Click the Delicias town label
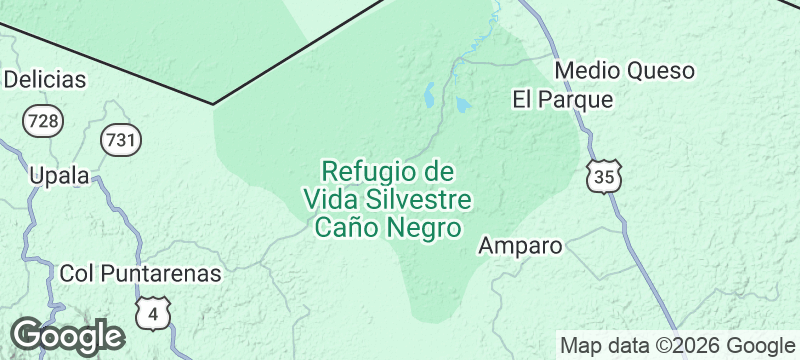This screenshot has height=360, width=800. pyautogui.click(x=45, y=80)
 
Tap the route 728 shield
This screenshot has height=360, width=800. pyautogui.click(x=43, y=121)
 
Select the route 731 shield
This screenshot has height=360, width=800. pyautogui.click(x=121, y=139)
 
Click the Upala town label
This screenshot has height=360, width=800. pyautogui.click(x=59, y=176)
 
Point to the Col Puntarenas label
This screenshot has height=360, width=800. pyautogui.click(x=140, y=272)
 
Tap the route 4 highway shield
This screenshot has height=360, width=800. pyautogui.click(x=153, y=313)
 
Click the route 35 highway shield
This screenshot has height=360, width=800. pyautogui.click(x=604, y=177)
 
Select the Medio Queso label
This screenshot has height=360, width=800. pyautogui.click(x=624, y=71)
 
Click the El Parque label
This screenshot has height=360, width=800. pyautogui.click(x=562, y=100)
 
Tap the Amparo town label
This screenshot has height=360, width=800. pyautogui.click(x=521, y=245)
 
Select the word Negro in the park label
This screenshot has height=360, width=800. pyautogui.click(x=425, y=227)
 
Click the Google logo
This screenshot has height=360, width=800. pyautogui.click(x=67, y=336)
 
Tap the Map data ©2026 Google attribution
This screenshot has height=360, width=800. pyautogui.click(x=675, y=346)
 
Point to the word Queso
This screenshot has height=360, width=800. pyautogui.click(x=659, y=71)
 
